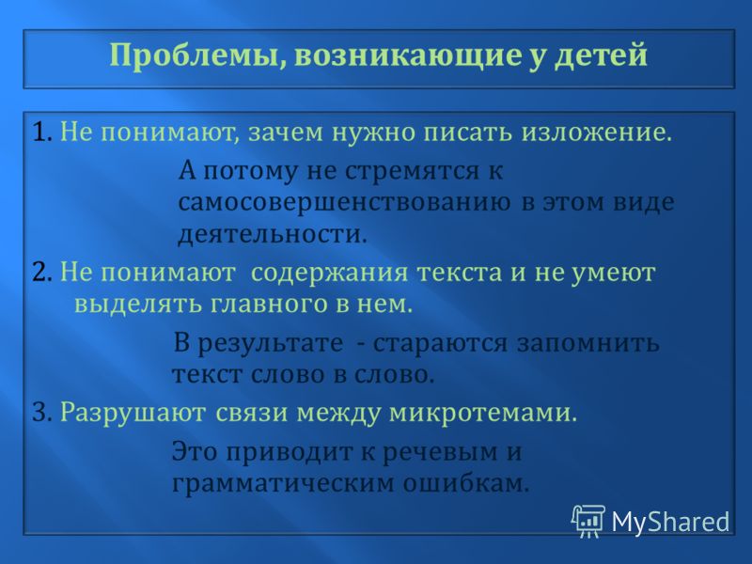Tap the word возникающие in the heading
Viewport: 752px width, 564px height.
coord(408,55)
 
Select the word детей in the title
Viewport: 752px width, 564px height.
coord(601,55)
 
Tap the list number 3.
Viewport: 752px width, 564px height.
coord(41,413)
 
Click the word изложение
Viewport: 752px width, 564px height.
coord(597,133)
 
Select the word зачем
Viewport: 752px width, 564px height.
coord(286,133)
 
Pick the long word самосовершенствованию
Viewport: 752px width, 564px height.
coord(344,203)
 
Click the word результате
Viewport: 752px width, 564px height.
coord(271,344)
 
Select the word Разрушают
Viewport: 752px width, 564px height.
coord(133,414)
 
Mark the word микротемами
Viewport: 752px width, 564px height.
coord(483,414)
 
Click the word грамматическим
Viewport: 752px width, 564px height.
coord(283,483)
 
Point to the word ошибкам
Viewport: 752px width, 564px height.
coord(465,482)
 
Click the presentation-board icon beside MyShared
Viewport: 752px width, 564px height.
coord(588,521)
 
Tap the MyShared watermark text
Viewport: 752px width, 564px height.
coord(670,522)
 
